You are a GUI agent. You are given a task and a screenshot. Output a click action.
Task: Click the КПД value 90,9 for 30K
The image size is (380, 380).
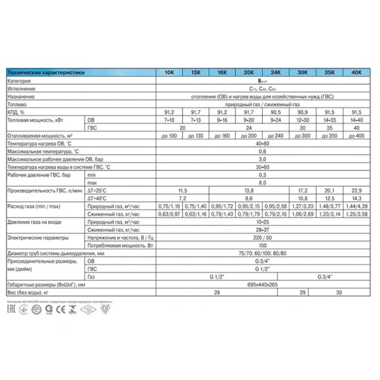pyautogui.click(x=302, y=112)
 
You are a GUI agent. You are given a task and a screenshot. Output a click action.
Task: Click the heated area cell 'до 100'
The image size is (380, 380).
pyautogui.click(x=169, y=136)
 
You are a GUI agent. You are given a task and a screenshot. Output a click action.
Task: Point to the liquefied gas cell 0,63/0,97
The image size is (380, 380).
pyautogui.click(x=169, y=214)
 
